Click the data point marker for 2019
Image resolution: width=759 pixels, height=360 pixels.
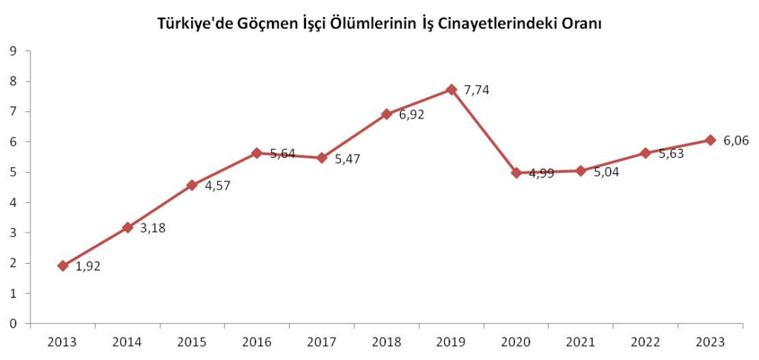coord(451,90)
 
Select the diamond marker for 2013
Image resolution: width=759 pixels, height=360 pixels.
coord(63,265)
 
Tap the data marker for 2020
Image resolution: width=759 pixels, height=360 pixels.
coord(516,173)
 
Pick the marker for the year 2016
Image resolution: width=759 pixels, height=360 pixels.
coord(257,153)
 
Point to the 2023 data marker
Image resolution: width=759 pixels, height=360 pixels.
coord(710,140)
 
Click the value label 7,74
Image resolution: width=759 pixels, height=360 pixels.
coord(477,90)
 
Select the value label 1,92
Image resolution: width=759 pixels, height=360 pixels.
coord(88,267)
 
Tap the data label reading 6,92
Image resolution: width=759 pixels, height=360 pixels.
coord(412,115)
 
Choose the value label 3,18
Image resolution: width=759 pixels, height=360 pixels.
coord(153,228)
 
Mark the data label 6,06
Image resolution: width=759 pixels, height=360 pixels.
coord(735,141)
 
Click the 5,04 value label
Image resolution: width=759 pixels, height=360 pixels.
coord(606,173)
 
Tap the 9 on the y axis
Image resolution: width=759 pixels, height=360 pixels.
coord(13,50)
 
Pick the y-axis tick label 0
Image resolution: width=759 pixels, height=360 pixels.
coord(13,324)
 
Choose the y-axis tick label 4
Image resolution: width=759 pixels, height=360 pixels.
coord(13,202)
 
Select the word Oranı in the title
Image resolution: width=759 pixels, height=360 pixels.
coord(580,24)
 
